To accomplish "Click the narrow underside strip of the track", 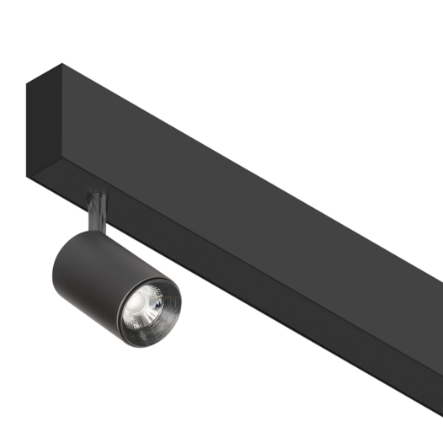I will tap(253, 286).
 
